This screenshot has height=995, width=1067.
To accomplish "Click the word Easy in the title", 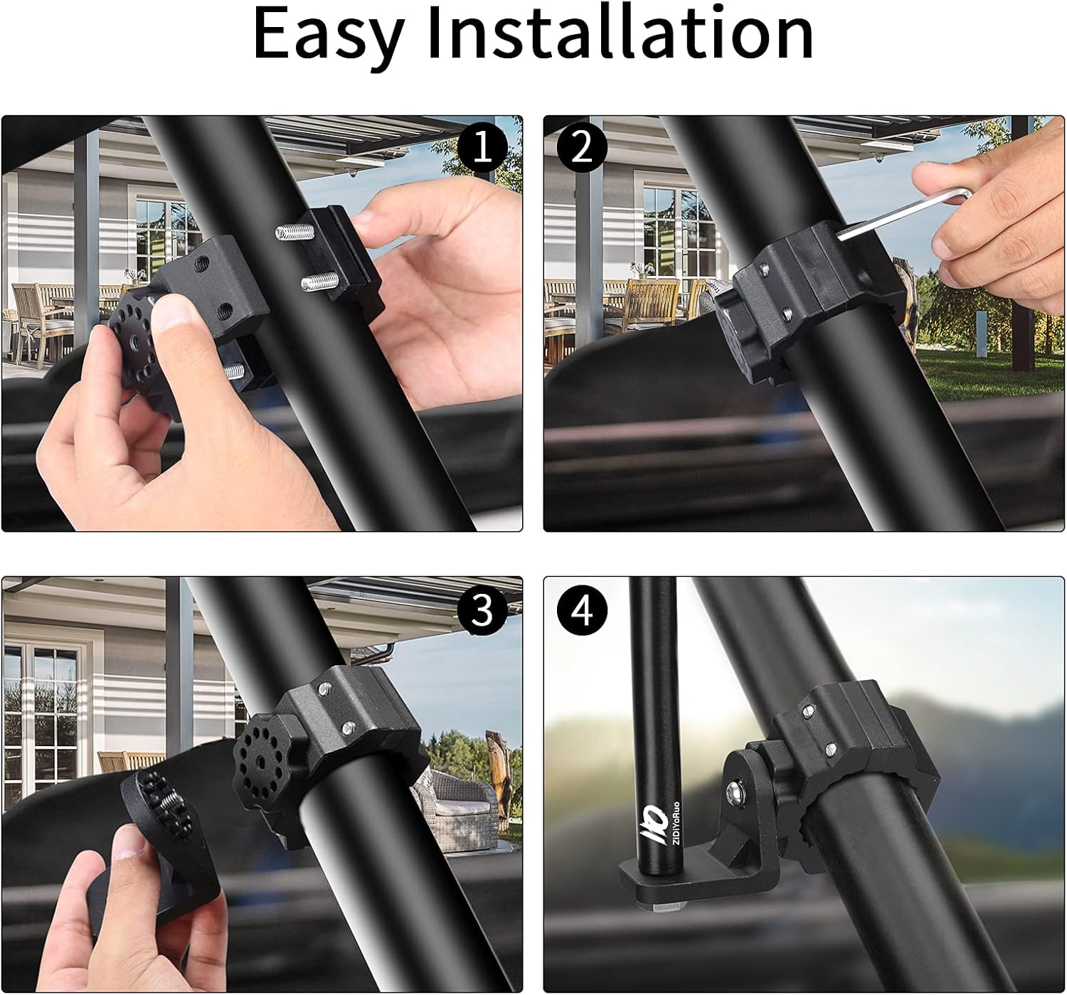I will [328, 33].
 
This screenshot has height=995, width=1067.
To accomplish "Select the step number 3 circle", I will [482, 610].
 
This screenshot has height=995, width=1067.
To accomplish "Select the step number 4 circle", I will [582, 610].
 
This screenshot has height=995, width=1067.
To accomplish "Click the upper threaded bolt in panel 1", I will [294, 230].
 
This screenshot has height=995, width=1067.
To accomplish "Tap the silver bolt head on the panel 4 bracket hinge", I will [736, 789].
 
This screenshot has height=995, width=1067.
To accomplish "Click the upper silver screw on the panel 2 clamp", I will [765, 270].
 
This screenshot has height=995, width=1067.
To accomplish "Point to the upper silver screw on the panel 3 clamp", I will [325, 688].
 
